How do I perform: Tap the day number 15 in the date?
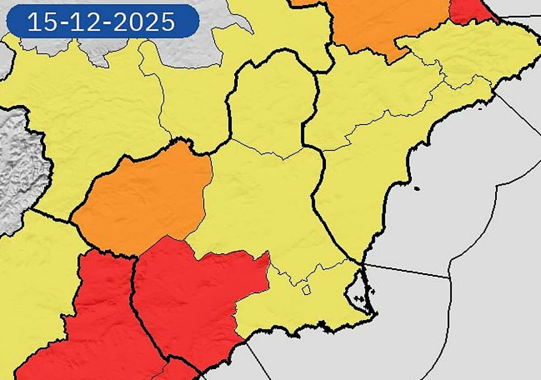point(41,22)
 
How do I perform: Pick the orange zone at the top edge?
point(384,23)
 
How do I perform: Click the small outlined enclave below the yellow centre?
point(306,289)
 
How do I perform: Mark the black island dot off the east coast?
point(417,188)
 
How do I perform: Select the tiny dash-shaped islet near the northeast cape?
point(480,109)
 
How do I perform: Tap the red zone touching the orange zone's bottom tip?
point(194,287)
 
